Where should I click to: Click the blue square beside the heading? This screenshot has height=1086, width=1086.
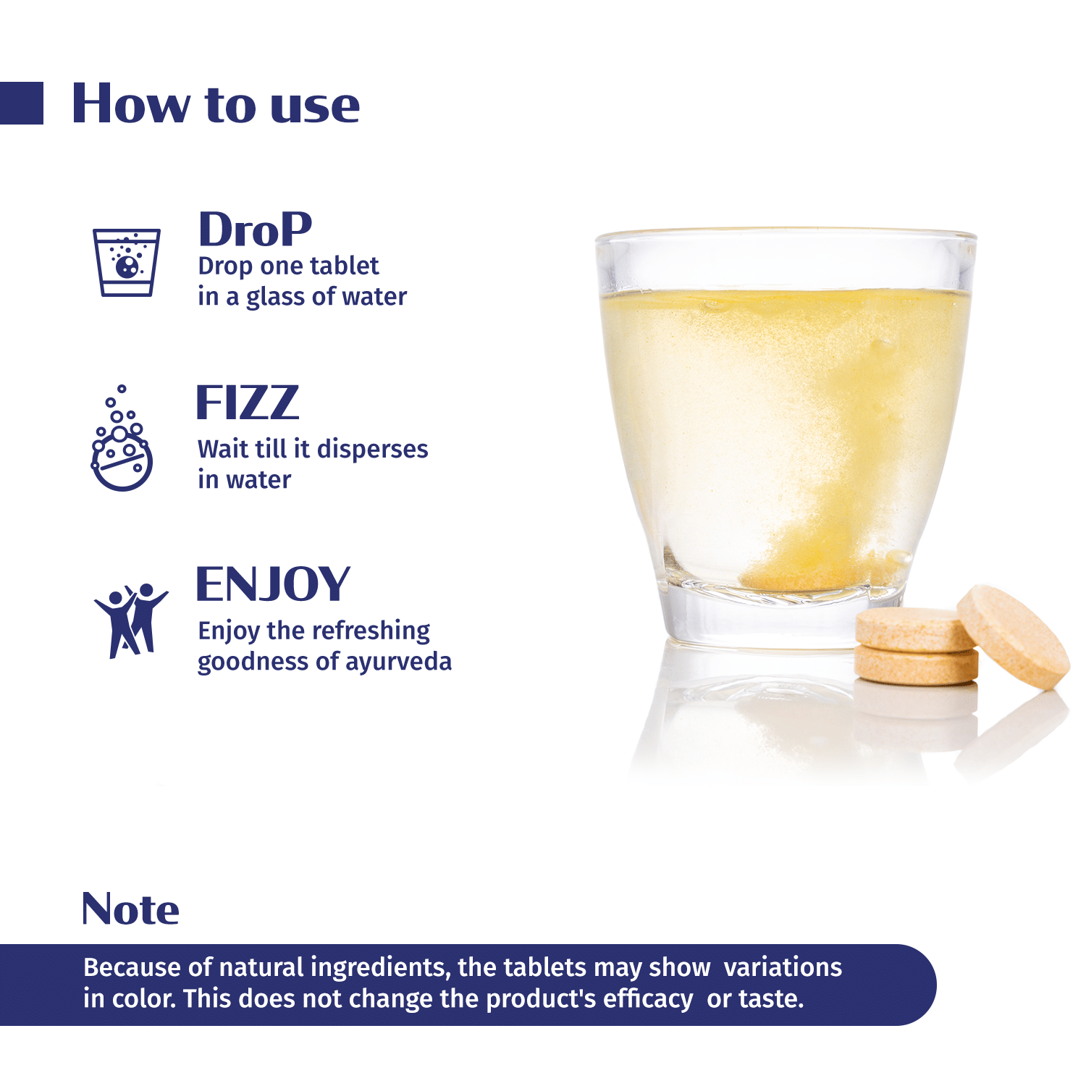tap(22, 103)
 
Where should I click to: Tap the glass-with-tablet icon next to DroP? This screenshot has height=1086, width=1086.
tap(126, 263)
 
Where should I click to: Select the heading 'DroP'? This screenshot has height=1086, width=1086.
tap(255, 230)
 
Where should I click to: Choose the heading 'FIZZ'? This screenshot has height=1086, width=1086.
tap(248, 403)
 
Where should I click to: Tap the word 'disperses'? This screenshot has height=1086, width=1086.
tap(372, 450)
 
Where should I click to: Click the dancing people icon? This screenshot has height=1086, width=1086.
tap(130, 620)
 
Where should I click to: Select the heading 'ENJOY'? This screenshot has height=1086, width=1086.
tap(274, 584)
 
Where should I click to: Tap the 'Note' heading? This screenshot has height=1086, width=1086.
tap(130, 909)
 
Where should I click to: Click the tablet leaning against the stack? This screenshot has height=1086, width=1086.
tap(1013, 636)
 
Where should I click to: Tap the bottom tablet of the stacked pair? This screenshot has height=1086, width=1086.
tap(917, 667)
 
